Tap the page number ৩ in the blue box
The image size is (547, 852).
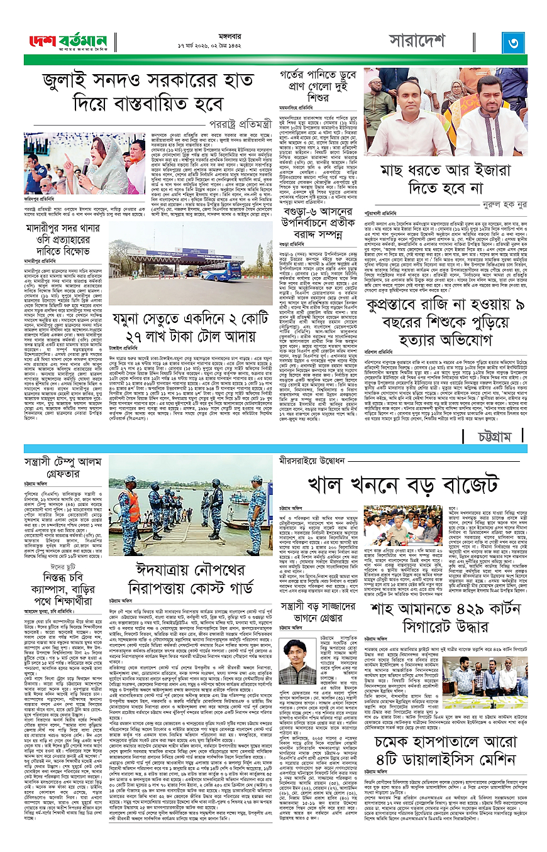point(513,43)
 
